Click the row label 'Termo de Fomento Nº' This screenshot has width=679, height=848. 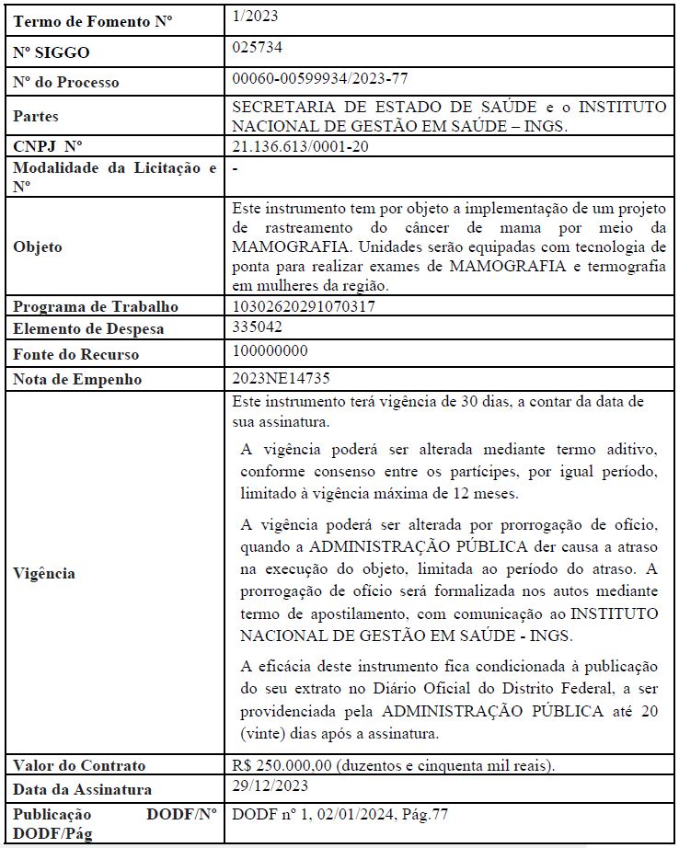[81, 21]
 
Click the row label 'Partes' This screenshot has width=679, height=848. [36, 117]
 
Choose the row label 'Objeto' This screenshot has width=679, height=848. [38, 246]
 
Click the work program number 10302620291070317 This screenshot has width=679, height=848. [304, 306]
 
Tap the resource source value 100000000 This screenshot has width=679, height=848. [270, 351]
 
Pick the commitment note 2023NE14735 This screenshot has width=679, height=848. [282, 378]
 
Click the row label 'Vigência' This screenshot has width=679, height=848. [44, 573]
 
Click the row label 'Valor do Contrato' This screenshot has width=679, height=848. [79, 765]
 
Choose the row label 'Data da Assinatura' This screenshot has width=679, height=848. [82, 789]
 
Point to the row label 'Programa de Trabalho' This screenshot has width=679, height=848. [95, 306]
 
